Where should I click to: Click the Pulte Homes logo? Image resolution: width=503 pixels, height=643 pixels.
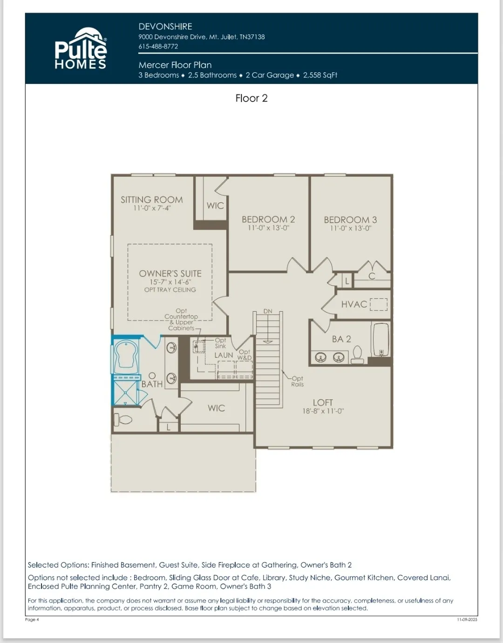point(81,48)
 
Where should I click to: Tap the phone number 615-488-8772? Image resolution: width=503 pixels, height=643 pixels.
point(158,47)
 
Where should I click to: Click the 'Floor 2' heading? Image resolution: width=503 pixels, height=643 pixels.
point(251,98)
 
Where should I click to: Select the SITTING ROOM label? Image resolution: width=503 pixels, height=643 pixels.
point(152,200)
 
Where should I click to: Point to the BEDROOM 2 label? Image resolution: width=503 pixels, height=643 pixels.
point(268,219)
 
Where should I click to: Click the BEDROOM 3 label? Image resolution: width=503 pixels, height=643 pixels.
point(350,220)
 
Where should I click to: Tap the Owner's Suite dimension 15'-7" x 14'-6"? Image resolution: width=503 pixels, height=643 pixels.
point(170,282)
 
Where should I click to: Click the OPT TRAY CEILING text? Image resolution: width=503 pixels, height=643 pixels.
point(170,290)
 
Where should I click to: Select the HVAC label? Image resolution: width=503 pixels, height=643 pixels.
point(354,304)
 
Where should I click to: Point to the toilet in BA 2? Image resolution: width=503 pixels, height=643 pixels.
point(357,355)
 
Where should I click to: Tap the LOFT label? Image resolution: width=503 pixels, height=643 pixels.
point(323,403)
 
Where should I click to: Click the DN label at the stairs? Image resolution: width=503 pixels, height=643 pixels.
point(268,311)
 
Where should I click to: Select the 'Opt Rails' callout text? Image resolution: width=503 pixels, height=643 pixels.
point(297,382)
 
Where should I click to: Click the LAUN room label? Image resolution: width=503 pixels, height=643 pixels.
point(224,355)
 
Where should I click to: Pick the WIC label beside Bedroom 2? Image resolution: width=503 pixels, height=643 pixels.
point(215,205)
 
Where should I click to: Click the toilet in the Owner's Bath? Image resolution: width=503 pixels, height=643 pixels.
point(122,420)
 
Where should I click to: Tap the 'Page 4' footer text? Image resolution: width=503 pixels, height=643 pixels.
point(32,620)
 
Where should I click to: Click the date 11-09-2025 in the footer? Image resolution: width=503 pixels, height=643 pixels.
point(467,620)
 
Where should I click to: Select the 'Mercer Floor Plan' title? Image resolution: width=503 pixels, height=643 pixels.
point(175,65)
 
